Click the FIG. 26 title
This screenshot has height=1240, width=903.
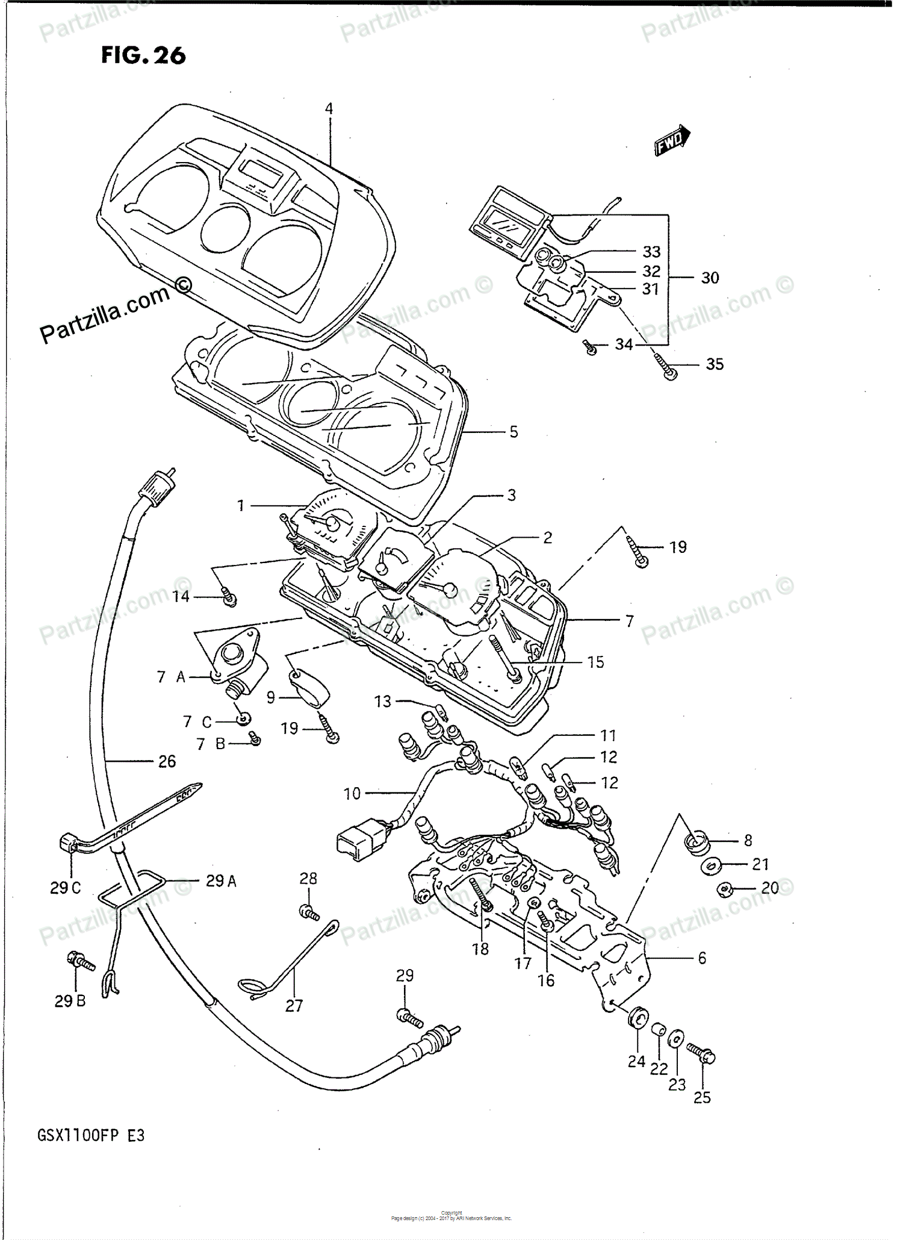[143, 55]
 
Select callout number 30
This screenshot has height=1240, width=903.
[710, 278]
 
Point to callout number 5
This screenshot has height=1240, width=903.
[514, 432]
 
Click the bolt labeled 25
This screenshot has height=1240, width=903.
[702, 1053]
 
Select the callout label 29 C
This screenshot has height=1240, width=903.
[65, 888]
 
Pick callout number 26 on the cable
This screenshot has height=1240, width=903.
[167, 762]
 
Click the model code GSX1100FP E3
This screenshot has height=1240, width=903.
[91, 1136]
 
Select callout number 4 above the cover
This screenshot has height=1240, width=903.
[329, 109]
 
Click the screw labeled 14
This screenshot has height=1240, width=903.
[229, 597]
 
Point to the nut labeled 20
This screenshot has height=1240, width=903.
[724, 888]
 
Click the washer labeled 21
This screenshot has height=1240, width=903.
[711, 866]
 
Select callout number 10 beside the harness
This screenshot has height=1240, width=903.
[352, 794]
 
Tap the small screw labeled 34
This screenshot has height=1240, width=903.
[590, 347]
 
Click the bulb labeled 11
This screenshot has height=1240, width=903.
[519, 767]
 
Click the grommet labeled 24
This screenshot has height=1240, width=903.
[638, 1018]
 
